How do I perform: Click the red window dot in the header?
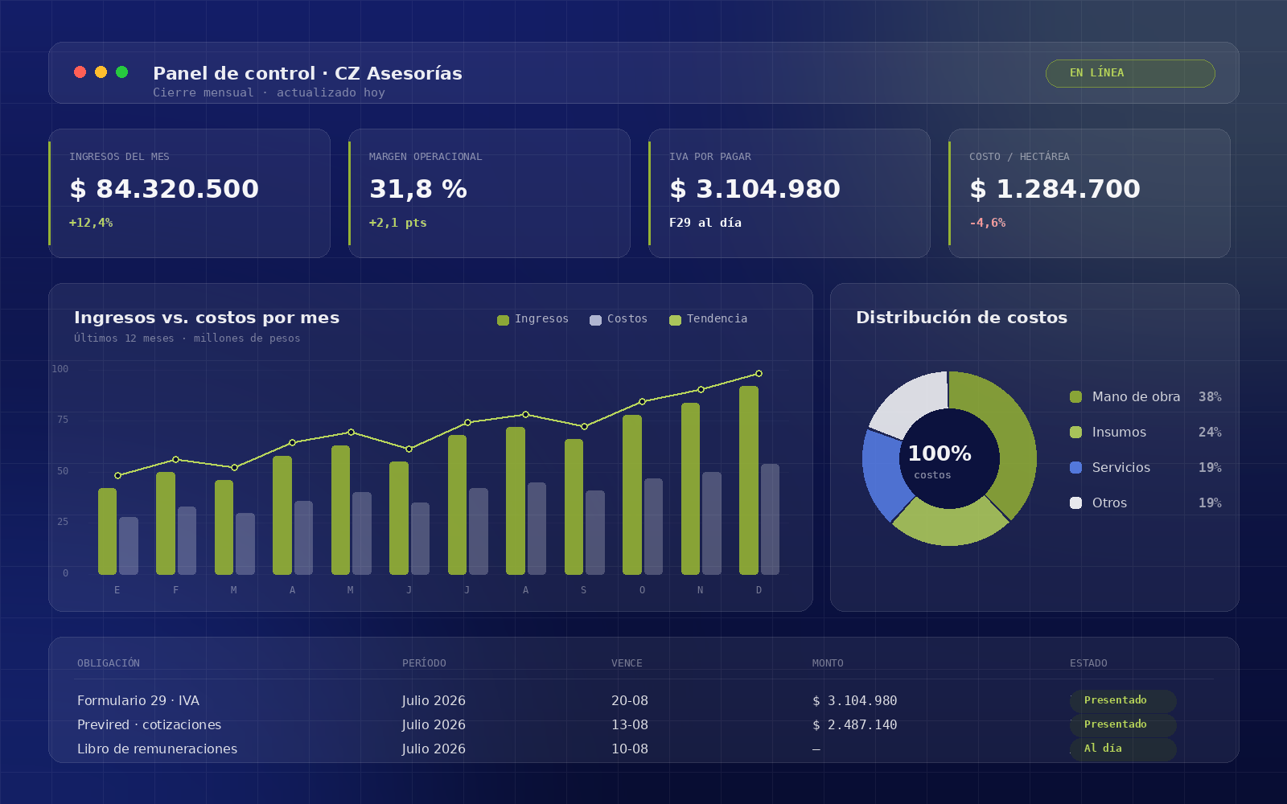80,72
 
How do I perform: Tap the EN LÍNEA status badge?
1130,73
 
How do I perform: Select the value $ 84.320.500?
164,189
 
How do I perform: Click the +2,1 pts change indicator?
397,223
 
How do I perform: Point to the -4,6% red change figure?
987,223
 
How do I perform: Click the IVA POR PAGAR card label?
709,157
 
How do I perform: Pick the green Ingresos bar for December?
749,480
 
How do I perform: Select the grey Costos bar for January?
129,546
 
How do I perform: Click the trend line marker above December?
759,374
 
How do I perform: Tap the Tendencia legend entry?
709,318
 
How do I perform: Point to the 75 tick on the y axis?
63,420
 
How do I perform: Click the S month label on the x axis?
584,590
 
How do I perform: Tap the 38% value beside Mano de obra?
1210,397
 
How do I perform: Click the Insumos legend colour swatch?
1075,433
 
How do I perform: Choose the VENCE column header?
627,663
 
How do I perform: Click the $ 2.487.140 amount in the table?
854,724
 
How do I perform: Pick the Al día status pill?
1123,749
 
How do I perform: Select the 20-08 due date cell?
630,700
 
